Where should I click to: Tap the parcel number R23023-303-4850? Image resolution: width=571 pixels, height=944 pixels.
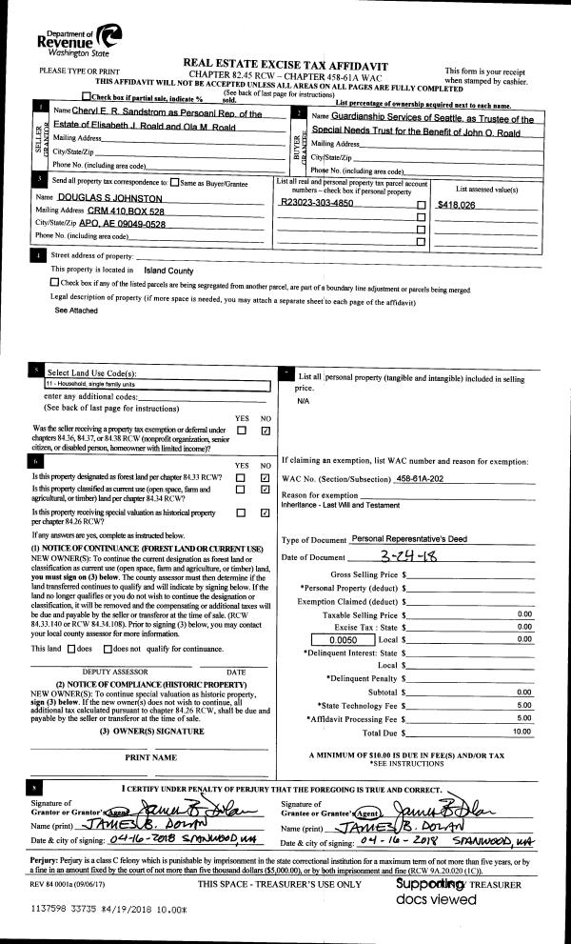click(x=317, y=203)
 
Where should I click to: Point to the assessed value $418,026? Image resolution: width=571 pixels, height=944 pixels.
click(x=455, y=204)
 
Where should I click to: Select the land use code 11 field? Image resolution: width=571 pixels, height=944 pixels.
click(x=157, y=383)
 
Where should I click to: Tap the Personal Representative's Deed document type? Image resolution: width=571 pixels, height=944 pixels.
click(x=410, y=538)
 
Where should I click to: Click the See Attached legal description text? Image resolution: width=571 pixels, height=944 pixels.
click(x=75, y=311)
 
